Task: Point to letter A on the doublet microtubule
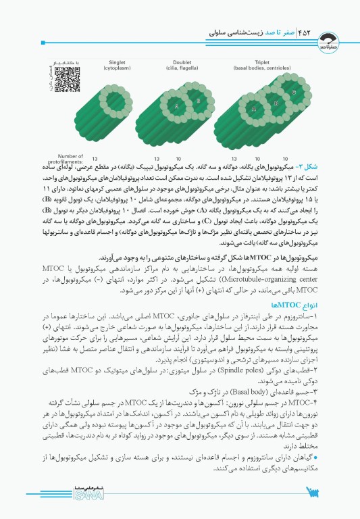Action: click(x=177, y=107)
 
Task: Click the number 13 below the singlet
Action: click(x=105, y=157)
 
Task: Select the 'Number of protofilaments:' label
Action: click(x=71, y=158)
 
